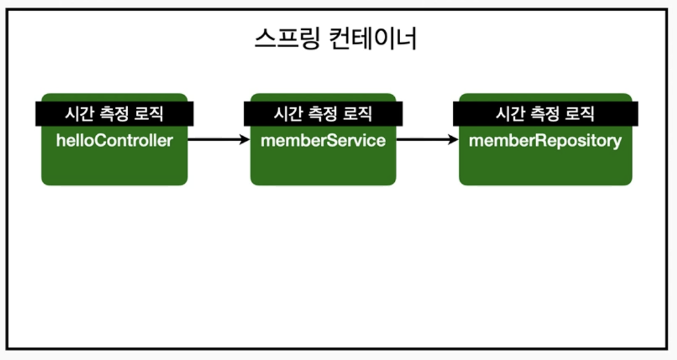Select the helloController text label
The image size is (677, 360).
point(114,141)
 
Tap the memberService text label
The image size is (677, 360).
point(323,141)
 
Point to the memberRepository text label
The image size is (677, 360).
point(545,141)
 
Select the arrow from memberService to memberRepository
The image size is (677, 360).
point(427,140)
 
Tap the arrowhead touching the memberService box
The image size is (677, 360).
point(245,140)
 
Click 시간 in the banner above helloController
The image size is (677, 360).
point(77,114)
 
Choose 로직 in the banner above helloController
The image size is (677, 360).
point(150,114)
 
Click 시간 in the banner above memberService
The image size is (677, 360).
point(286,114)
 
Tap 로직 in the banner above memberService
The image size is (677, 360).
point(359,114)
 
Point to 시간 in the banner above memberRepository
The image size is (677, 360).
point(509,114)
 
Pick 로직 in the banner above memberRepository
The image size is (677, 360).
point(581,114)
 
